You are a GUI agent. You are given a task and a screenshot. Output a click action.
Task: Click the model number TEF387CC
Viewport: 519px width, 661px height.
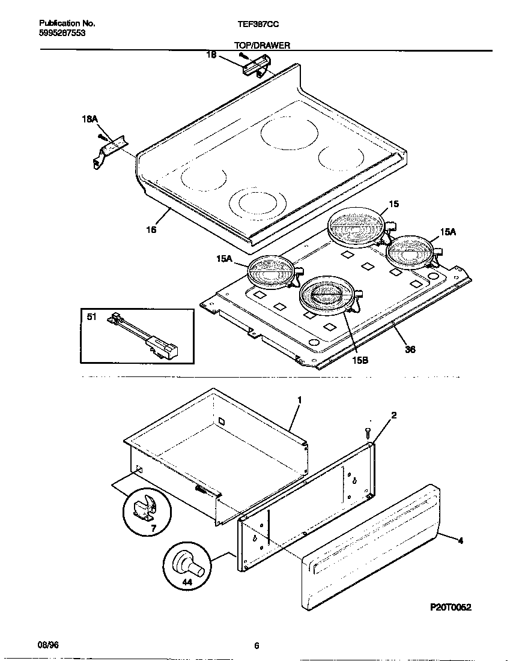click(x=258, y=23)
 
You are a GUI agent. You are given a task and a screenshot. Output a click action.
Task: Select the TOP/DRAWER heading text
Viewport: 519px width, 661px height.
click(x=262, y=45)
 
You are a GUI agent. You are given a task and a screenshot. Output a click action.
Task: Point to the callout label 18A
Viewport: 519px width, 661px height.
click(x=89, y=120)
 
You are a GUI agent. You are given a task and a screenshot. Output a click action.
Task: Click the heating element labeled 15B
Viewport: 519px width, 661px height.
click(x=325, y=294)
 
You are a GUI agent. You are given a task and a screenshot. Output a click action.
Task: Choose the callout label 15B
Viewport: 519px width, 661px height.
click(x=360, y=360)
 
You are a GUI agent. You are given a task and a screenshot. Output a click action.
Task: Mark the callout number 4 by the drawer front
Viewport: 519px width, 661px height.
click(x=460, y=541)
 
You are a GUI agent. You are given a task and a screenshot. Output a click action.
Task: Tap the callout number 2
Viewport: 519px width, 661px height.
click(x=393, y=415)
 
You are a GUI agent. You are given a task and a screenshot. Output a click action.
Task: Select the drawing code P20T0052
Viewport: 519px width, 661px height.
click(x=451, y=607)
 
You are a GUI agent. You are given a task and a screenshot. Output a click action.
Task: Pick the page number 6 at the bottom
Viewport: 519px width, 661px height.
click(x=256, y=646)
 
